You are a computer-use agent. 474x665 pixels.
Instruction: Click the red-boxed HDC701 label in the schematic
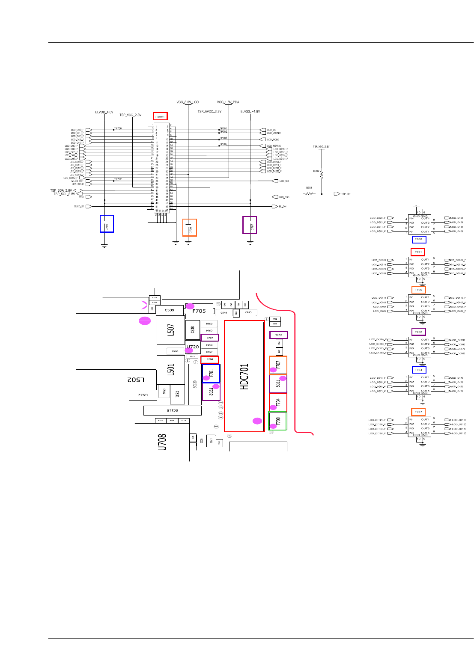pos(161,116)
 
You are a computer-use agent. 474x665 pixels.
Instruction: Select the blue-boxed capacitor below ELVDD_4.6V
pos(107,224)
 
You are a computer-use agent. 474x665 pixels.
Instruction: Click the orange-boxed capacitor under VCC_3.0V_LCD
pos(190,228)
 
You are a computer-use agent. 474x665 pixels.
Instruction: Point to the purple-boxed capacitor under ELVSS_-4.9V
pos(250,225)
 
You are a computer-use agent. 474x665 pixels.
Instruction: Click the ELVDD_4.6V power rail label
pos(104,112)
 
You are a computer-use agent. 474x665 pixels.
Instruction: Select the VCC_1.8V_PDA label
pos(228,102)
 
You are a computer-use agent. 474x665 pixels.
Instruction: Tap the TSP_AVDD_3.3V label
pos(209,112)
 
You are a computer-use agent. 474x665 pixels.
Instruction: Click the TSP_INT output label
pos(346,194)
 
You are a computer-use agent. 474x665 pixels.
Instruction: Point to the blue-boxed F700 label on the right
pos(419,240)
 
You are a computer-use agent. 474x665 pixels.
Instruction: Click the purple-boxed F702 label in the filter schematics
pos(418,332)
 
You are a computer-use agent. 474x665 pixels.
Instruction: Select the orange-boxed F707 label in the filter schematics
pos(418,412)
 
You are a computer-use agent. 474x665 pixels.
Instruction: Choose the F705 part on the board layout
pos(199,311)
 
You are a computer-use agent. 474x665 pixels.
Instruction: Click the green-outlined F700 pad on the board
pos(277,421)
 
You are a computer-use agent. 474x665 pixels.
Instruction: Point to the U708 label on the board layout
pos(162,442)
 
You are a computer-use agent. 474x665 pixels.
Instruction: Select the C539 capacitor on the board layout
pos(170,310)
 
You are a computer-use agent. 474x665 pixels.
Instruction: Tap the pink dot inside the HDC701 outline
pos(257,421)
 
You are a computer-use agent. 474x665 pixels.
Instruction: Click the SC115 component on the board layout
pos(172,410)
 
